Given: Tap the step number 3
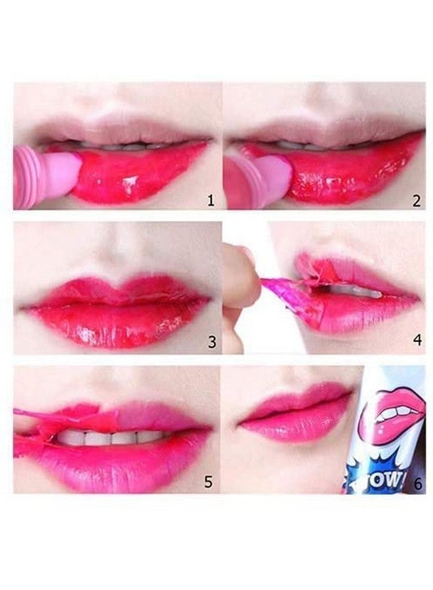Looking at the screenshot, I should coord(211,342).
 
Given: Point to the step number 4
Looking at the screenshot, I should coord(417,342).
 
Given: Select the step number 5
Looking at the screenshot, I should coord(208,482).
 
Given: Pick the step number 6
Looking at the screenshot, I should coord(418,483).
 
